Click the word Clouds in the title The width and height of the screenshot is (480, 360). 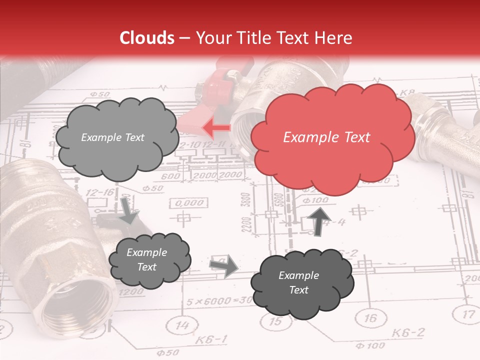146,38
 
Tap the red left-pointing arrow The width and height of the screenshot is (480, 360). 216,128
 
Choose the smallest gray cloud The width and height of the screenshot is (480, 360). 148,260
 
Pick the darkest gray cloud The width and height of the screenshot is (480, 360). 301,283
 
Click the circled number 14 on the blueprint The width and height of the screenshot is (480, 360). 183,326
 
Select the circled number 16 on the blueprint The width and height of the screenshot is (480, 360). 369,318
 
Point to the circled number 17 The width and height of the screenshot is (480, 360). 467,314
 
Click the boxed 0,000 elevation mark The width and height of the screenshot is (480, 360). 190,203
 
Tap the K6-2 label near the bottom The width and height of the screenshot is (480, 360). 408,332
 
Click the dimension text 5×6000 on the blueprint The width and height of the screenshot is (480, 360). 209,301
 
